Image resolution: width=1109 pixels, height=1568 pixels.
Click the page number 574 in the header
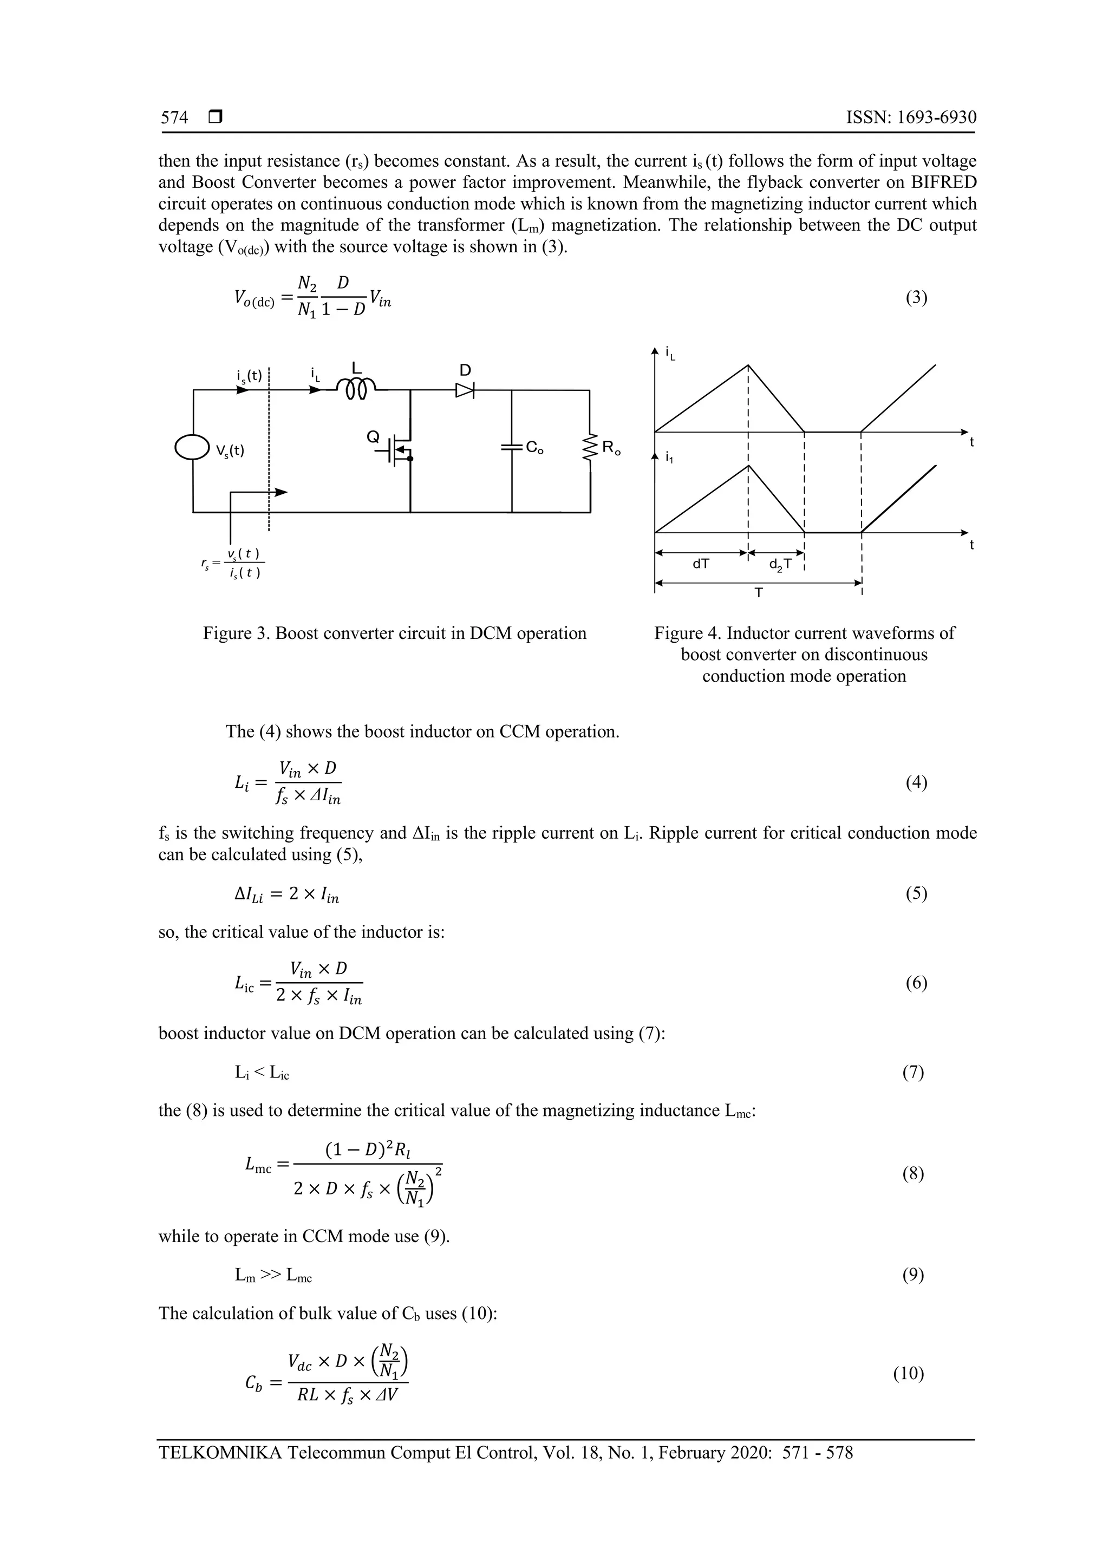(x=174, y=118)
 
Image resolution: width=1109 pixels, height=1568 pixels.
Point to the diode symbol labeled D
(x=465, y=390)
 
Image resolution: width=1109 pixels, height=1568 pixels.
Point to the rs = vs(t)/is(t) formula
(x=232, y=564)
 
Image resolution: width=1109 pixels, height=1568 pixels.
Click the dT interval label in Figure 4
(x=701, y=564)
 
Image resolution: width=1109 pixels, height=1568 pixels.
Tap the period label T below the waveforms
(x=758, y=593)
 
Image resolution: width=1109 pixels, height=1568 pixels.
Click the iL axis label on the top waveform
(x=670, y=354)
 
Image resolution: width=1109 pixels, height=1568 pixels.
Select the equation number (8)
(x=913, y=1174)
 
